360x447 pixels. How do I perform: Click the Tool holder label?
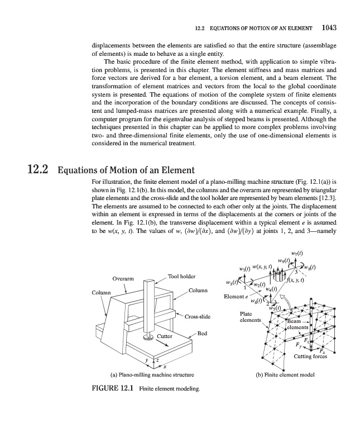(181, 276)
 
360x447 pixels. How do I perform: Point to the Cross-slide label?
(196, 317)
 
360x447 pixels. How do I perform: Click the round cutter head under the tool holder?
(148, 337)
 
